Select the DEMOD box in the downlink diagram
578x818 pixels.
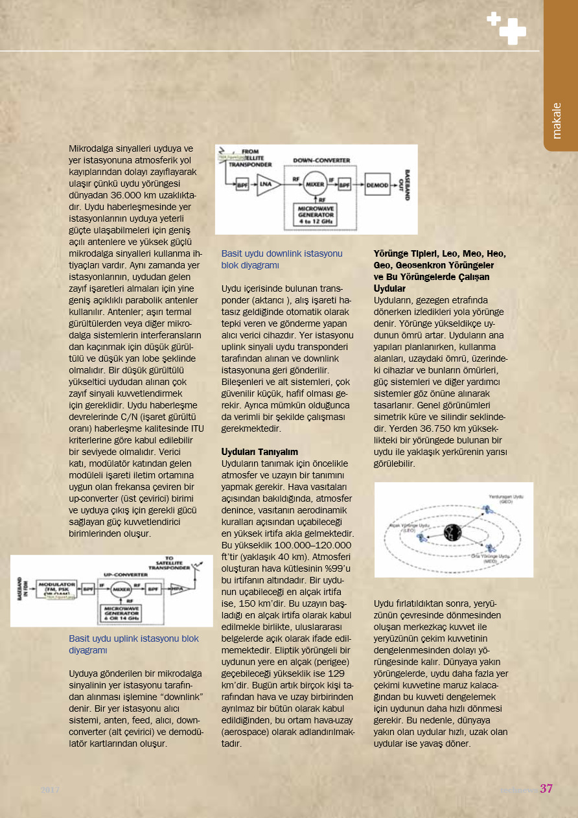(376, 185)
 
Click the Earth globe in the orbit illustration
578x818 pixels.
(452, 532)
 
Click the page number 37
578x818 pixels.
(546, 789)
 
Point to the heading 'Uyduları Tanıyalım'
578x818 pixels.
(259, 450)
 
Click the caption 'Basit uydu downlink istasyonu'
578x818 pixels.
(282, 253)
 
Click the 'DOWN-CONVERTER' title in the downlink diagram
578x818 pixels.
(321, 160)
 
